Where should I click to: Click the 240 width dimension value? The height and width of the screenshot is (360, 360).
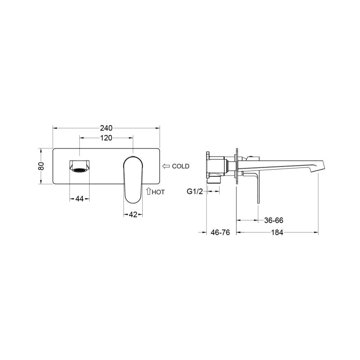(x=106, y=128)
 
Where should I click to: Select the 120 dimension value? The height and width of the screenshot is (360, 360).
(x=106, y=138)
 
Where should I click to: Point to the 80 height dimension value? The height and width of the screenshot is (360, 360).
(x=41, y=166)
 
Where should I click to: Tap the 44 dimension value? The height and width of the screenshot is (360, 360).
(x=80, y=199)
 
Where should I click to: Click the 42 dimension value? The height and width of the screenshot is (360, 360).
(x=133, y=215)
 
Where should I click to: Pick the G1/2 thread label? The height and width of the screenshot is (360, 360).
(x=195, y=191)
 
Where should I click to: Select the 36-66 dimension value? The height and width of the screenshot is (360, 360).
(x=274, y=220)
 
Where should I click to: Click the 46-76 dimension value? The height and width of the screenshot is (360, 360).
(x=220, y=232)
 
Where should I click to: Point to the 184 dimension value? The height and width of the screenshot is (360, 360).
(x=277, y=233)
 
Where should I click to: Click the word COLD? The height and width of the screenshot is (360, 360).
(x=181, y=166)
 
